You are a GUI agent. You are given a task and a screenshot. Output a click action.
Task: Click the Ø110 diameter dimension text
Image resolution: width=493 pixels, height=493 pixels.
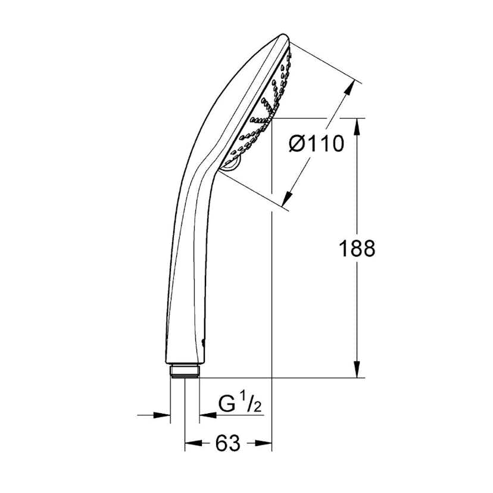click(x=316, y=143)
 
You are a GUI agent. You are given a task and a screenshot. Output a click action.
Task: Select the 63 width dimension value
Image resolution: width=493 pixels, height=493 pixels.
click(x=229, y=442)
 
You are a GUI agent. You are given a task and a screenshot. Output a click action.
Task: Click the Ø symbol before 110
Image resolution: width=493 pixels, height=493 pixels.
click(x=298, y=143)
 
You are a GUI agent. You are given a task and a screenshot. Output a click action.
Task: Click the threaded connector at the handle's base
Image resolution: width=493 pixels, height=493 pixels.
click(x=185, y=372)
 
